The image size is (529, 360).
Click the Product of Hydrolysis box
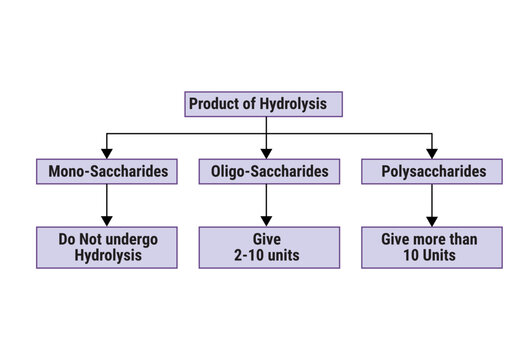click(x=265, y=104)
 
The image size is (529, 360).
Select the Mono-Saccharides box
click(x=107, y=172)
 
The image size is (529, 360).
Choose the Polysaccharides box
click(x=430, y=172)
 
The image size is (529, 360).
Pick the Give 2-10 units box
click(x=265, y=247)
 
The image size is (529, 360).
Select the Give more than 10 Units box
click(x=430, y=247)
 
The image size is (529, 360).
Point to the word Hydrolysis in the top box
click(x=302, y=104)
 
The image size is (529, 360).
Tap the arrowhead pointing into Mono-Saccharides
click(x=107, y=152)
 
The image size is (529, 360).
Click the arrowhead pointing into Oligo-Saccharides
click(x=265, y=152)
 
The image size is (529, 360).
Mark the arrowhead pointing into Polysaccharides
click(x=431, y=152)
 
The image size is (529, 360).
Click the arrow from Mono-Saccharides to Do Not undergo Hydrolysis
click(x=107, y=205)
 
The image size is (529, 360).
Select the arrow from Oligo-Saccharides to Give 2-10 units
click(x=265, y=205)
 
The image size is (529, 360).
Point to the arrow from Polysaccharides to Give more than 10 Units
click(x=431, y=205)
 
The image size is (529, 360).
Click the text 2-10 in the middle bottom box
click(x=244, y=256)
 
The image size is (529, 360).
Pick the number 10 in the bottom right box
click(x=409, y=256)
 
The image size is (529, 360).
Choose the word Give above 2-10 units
click(x=265, y=239)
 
